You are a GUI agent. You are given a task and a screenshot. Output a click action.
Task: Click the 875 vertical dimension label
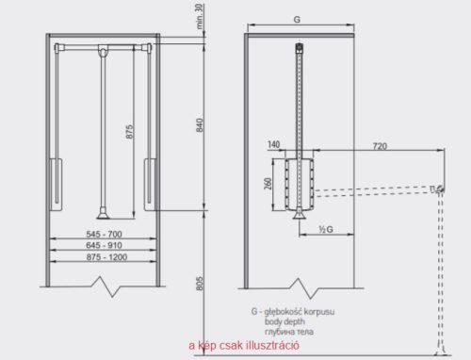[x=129, y=132]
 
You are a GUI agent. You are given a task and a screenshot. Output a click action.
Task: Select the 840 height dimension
[x=200, y=125]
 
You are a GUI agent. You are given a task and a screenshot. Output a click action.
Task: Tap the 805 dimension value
[x=200, y=284]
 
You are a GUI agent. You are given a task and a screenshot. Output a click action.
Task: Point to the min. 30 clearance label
[x=200, y=17]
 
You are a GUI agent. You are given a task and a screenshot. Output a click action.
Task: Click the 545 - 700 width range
[x=104, y=234]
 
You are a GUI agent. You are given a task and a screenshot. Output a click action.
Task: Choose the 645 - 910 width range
[x=104, y=245]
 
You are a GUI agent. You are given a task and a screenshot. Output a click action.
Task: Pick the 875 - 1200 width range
[x=106, y=257]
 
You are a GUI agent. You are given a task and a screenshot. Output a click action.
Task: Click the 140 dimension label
[x=274, y=144]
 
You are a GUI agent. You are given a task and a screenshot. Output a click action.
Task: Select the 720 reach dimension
[x=380, y=146]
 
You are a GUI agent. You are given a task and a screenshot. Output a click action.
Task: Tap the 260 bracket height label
[x=268, y=184]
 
